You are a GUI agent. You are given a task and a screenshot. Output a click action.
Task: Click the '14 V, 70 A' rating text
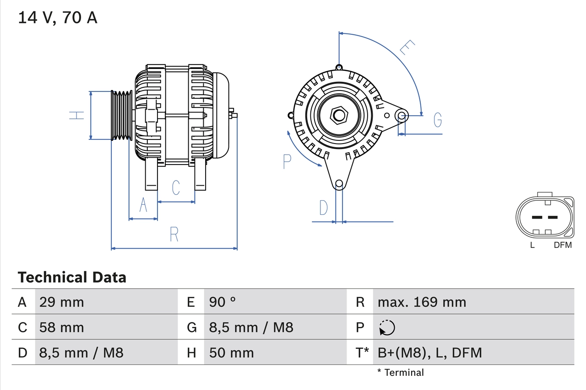58,18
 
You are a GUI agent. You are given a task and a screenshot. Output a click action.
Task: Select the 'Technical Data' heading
72,277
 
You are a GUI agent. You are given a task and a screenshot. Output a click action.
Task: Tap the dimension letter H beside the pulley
77,115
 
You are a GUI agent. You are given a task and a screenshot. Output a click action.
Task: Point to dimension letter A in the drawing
143,205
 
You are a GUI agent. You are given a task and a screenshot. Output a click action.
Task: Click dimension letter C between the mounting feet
176,187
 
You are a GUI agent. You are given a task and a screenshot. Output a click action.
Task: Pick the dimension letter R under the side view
174,234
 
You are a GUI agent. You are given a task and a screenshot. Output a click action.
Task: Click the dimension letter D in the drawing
324,208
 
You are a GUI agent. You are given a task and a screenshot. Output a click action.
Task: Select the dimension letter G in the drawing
438,120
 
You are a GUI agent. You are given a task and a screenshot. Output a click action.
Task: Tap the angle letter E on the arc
407,48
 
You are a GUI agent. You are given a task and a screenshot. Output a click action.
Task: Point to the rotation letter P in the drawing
287,161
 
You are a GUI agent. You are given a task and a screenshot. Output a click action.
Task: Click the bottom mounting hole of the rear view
339,184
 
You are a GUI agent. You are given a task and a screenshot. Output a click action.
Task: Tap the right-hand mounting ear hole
402,115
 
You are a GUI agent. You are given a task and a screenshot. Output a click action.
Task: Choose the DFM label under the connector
563,245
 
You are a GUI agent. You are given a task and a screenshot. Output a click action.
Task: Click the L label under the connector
532,245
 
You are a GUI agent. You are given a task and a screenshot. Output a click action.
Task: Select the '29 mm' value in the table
62,302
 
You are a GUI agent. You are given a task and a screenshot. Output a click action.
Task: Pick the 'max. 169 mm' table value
422,302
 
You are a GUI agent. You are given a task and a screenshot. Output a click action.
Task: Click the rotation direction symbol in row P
387,327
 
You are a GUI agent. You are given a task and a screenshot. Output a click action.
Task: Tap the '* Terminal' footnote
401,372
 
